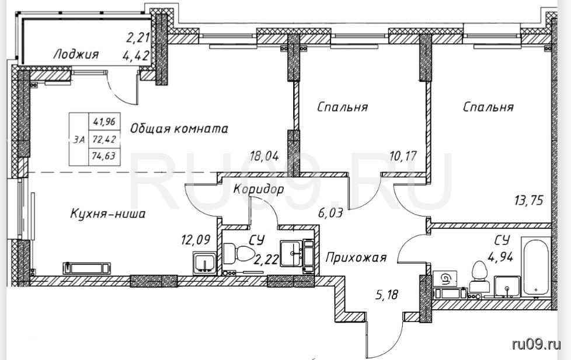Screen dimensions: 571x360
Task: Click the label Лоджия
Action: [x=76, y=55]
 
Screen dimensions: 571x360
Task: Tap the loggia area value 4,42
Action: [x=137, y=55]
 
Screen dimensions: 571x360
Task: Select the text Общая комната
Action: [x=179, y=128]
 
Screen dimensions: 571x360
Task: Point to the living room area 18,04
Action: [x=264, y=156]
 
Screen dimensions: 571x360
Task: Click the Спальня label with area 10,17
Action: [x=342, y=107]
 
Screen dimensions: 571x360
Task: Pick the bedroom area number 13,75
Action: [x=529, y=200]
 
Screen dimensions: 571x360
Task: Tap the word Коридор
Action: [x=258, y=189]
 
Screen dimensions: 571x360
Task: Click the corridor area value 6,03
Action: [x=330, y=212]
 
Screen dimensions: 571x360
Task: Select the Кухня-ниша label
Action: [x=107, y=214]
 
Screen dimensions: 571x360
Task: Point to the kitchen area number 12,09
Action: [x=196, y=240]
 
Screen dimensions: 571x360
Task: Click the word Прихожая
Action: [x=356, y=258]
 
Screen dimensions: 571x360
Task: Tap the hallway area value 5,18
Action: [x=387, y=294]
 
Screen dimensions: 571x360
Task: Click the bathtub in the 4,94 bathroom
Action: [x=536, y=267]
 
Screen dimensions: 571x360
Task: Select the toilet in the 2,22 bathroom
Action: [x=239, y=253]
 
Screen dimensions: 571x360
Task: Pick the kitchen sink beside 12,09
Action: [x=204, y=262]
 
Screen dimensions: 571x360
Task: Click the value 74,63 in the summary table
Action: [x=104, y=156]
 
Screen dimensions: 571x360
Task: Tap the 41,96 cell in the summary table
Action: [x=104, y=121]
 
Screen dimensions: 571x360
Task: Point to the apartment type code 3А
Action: [x=79, y=139]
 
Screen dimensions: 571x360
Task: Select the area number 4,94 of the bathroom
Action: [x=500, y=257]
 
